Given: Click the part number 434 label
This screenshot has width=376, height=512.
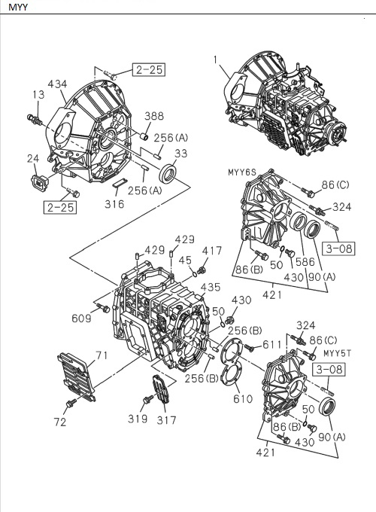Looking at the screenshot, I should point(58,84).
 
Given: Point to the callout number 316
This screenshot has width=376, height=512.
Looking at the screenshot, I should point(114,204).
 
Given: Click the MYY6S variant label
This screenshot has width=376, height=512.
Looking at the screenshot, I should point(243,172).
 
